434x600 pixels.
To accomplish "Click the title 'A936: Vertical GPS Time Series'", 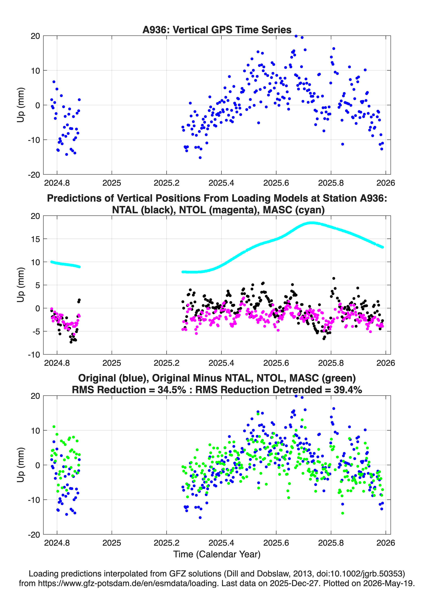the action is pyautogui.click(x=217, y=30).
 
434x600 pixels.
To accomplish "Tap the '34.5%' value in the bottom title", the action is pyautogui.click(x=171, y=390).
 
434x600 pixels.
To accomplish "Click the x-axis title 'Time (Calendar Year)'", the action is pyautogui.click(x=217, y=554).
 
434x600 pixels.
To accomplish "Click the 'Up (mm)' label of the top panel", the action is pyautogui.click(x=21, y=105).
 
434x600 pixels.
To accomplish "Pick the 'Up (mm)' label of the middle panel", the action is pyautogui.click(x=21, y=285).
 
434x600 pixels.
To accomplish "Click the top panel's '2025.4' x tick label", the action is pyautogui.click(x=221, y=183).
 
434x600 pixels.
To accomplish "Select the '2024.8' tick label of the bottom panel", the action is pyautogui.click(x=57, y=543).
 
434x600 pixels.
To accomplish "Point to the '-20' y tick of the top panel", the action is pyautogui.click(x=34, y=175).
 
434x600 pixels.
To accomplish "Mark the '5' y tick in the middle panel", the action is pyautogui.click(x=38, y=285).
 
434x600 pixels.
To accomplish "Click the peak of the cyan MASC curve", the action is pyautogui.click(x=312, y=223).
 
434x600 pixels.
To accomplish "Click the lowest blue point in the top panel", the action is pyautogui.click(x=200, y=158).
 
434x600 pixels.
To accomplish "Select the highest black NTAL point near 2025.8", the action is pyautogui.click(x=334, y=278).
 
